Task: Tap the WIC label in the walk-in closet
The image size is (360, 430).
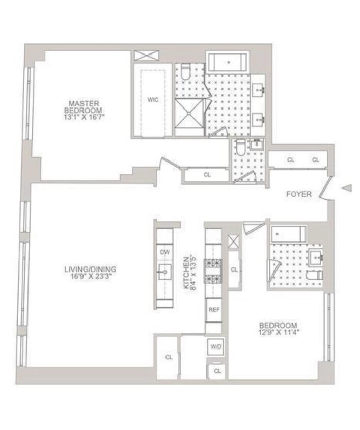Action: (x=153, y=100)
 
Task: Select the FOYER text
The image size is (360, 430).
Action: (x=298, y=194)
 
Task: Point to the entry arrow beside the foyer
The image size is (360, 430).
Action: (x=347, y=189)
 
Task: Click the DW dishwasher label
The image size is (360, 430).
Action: (x=164, y=252)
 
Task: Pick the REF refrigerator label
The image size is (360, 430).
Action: (x=213, y=309)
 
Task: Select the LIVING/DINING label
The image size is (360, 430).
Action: (x=91, y=269)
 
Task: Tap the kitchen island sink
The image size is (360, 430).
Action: (x=164, y=272)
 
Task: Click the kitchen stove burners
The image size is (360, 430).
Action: (x=213, y=271)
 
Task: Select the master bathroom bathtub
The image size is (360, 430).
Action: (x=228, y=62)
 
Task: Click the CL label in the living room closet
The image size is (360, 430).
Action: (x=169, y=357)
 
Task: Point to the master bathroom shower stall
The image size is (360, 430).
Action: (x=189, y=117)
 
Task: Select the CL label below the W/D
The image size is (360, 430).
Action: (x=217, y=371)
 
